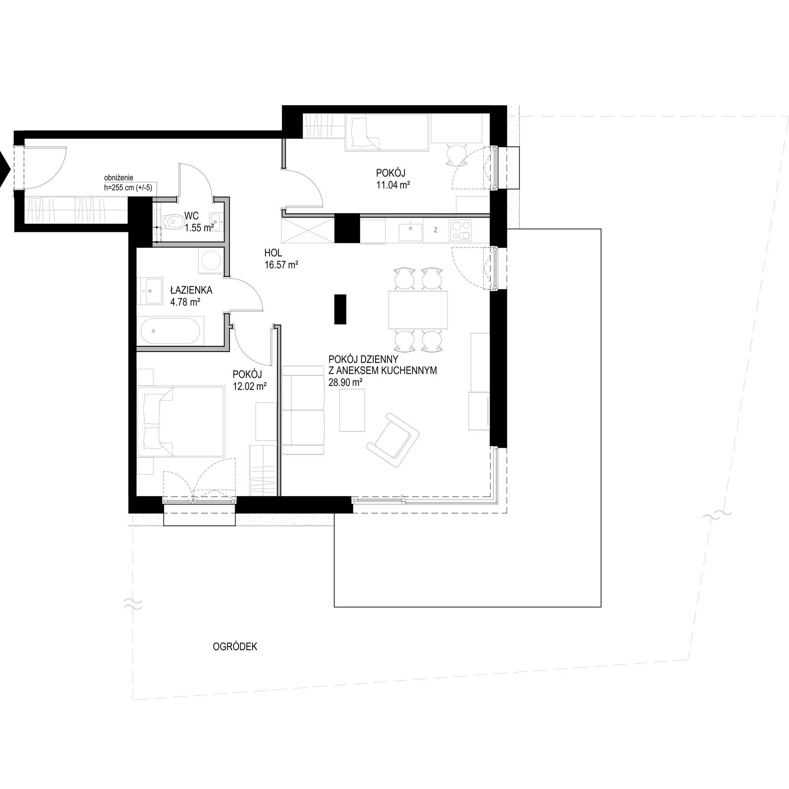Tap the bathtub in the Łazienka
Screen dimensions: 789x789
170,331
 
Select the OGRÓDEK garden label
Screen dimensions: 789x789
235,647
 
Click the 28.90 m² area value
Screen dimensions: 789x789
345,382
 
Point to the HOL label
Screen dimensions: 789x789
273,253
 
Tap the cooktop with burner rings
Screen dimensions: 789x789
461,231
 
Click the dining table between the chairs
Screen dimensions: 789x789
418,310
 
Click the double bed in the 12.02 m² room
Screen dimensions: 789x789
181,422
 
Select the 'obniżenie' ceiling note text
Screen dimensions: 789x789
119,178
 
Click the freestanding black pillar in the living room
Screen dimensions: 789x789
340,309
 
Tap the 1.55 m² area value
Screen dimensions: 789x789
199,228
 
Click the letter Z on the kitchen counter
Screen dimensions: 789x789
436,230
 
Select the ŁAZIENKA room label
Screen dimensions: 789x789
191,290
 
